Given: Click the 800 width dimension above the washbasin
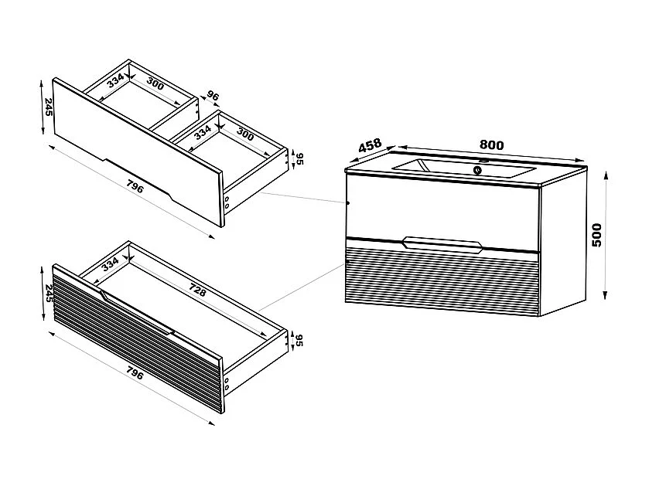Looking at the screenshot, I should [x=491, y=145].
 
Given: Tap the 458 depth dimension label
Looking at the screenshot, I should [x=371, y=146].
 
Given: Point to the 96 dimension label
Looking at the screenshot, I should [x=213, y=97].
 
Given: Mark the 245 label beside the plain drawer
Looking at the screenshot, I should [x=48, y=107].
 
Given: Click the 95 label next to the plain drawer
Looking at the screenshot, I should [x=297, y=158].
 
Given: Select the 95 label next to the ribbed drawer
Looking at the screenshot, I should [x=297, y=341].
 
